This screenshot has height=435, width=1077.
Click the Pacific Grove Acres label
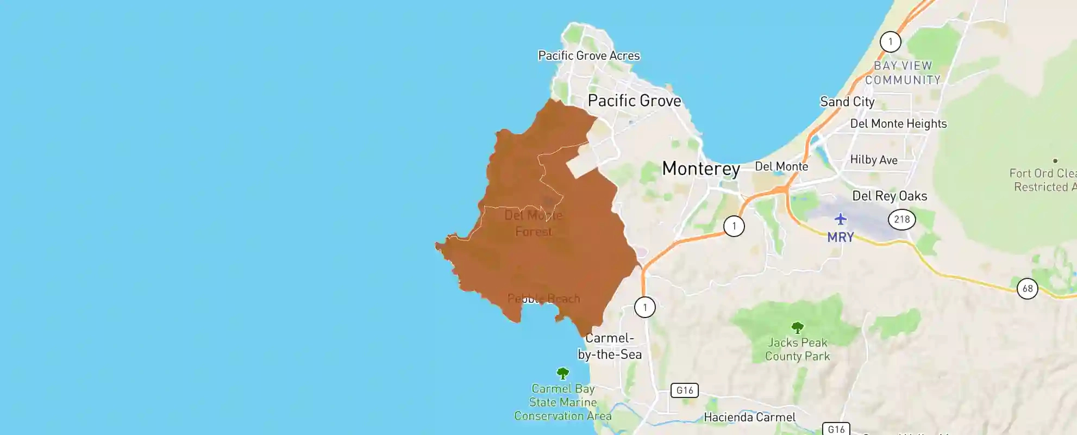[x=588, y=55]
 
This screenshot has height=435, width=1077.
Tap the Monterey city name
[x=700, y=169]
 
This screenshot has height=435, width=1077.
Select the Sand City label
[x=847, y=102]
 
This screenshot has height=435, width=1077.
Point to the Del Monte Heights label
[x=898, y=123]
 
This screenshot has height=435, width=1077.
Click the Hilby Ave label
[x=873, y=160]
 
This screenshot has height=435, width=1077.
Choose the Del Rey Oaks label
[x=890, y=196]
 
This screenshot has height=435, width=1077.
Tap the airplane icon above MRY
[x=841, y=219]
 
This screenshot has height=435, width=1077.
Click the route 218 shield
[x=901, y=219]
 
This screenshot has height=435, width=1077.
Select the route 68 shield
[x=1027, y=288]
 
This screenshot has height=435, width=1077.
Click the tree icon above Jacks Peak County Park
[x=797, y=327]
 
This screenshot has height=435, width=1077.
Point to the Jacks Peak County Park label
[x=797, y=349]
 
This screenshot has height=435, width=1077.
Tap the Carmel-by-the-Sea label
[x=609, y=346]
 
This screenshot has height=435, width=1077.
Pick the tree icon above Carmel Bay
[x=562, y=373]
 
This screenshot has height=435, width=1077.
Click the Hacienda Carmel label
[x=749, y=417]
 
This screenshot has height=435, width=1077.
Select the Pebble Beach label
[x=543, y=299]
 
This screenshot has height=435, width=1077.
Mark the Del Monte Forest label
[x=533, y=223]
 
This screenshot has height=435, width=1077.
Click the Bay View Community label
[x=903, y=73]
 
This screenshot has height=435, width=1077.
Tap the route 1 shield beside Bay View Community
[x=890, y=42]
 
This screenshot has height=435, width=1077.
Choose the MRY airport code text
[x=841, y=237]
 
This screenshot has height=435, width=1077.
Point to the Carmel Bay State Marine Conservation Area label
[x=563, y=402]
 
